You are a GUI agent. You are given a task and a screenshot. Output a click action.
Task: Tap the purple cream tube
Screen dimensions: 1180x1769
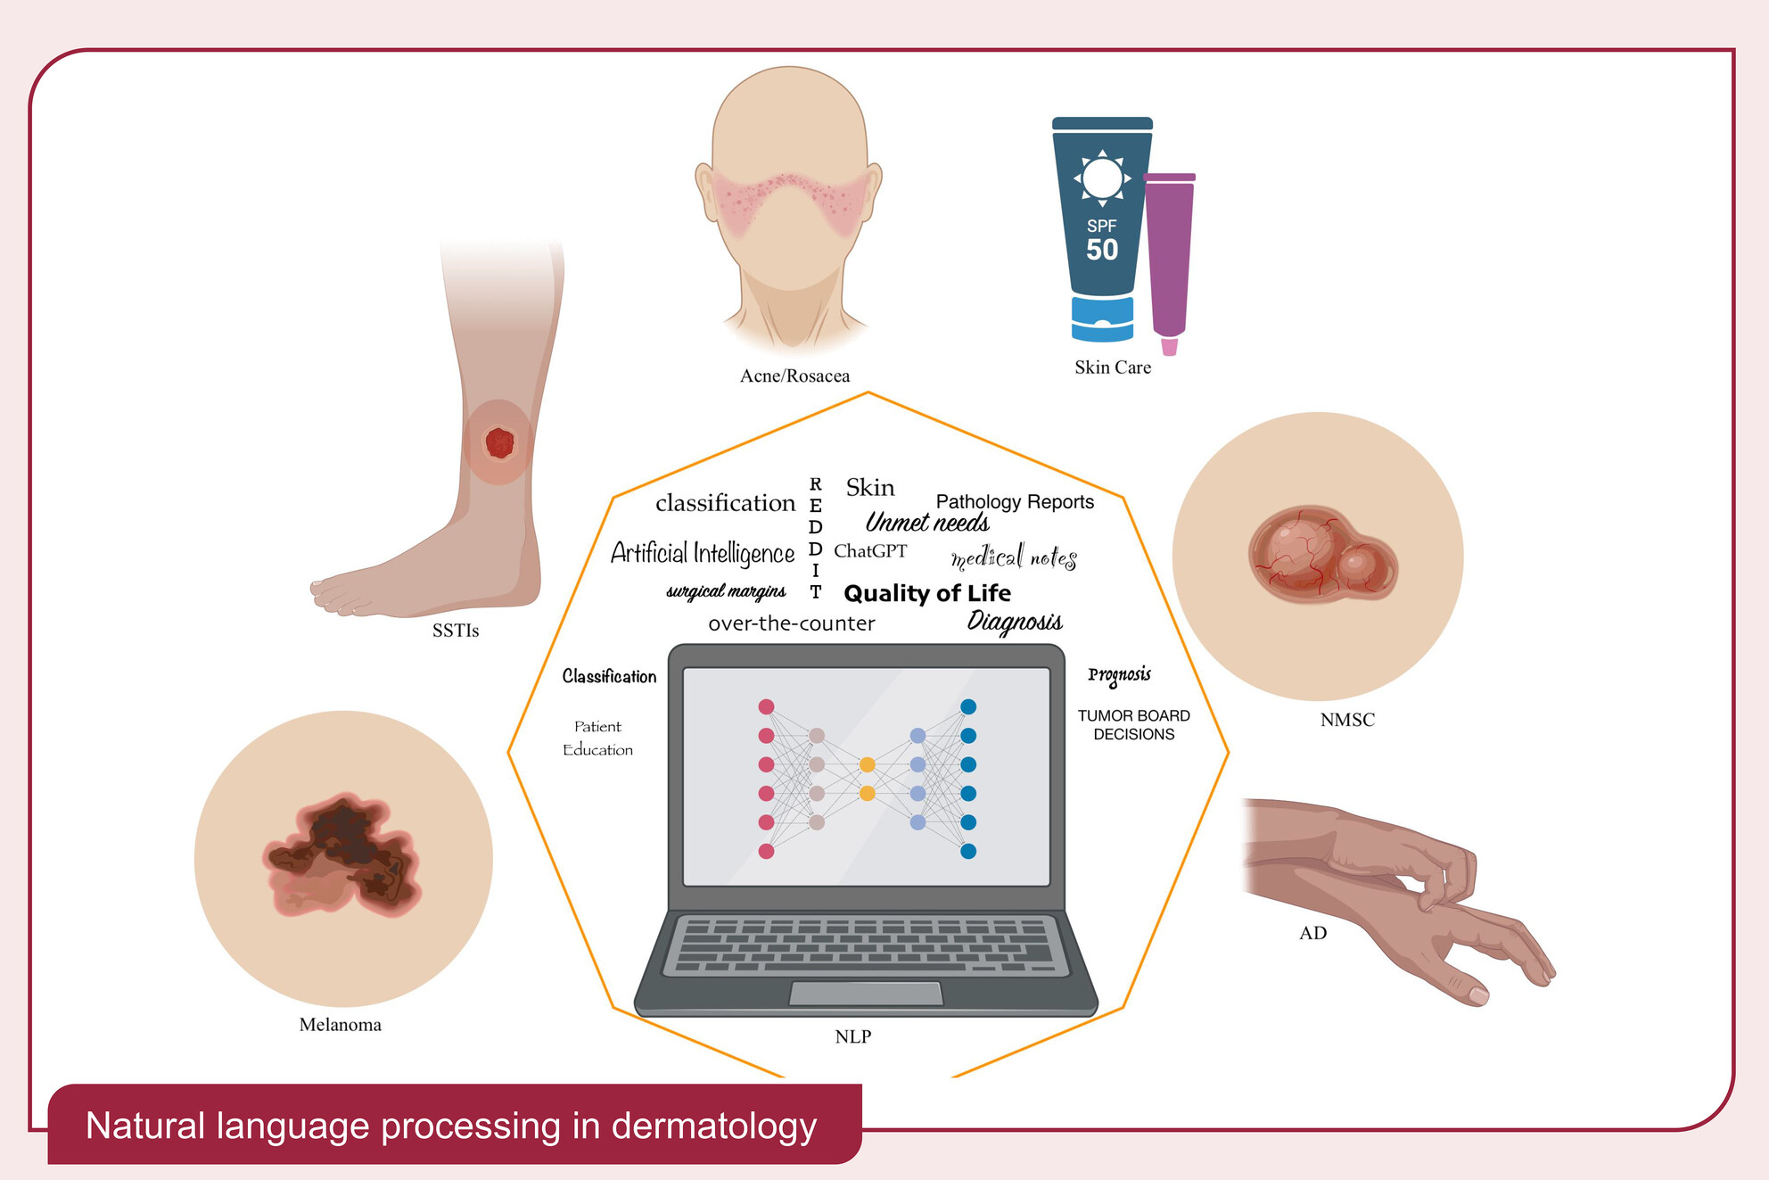(x=1169, y=259)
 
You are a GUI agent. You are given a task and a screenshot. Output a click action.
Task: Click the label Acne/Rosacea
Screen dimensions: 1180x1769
(x=794, y=376)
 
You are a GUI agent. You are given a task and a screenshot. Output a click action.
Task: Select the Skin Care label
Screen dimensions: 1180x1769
(x=1112, y=367)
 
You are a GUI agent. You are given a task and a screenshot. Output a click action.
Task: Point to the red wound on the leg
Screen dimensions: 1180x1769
(x=499, y=442)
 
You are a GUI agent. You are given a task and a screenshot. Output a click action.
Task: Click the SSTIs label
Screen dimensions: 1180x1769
(x=455, y=631)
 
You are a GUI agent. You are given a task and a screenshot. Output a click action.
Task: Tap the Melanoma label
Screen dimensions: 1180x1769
(x=340, y=1025)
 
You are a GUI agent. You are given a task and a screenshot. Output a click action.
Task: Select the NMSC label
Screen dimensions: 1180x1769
(x=1346, y=720)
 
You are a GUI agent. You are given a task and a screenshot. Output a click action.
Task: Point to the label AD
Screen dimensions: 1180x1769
(x=1312, y=933)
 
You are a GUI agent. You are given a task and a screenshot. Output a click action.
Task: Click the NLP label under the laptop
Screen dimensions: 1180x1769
(x=852, y=1036)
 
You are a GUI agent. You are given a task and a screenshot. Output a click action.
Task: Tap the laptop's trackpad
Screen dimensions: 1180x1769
(x=866, y=993)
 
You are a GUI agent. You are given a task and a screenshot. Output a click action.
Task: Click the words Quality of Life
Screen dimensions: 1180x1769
(x=926, y=593)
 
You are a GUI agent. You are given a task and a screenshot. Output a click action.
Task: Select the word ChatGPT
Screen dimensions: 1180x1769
(x=869, y=551)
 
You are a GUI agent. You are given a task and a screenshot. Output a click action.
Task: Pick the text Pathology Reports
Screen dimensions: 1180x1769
(x=1014, y=502)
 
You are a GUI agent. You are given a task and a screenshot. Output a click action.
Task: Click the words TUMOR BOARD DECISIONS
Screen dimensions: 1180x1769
(x=1133, y=725)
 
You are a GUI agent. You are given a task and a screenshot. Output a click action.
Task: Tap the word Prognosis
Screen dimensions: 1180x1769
(x=1119, y=675)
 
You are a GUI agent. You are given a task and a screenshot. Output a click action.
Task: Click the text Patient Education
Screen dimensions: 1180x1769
(x=597, y=739)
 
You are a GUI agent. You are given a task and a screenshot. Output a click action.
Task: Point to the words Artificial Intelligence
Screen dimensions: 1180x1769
(x=702, y=553)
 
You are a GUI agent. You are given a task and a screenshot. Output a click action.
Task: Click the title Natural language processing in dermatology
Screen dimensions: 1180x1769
(x=451, y=1126)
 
